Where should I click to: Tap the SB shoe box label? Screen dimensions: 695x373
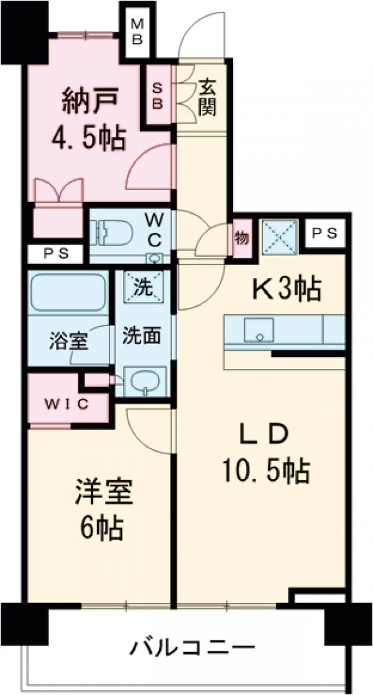pos(157,94)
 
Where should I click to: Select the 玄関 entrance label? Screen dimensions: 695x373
pos(207,99)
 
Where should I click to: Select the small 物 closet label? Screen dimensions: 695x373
pos(241,237)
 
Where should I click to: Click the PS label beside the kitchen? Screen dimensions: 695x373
pos(325,234)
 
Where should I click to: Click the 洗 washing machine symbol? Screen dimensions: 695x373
pos(144,288)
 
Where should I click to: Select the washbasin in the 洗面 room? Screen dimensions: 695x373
pos(145,379)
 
